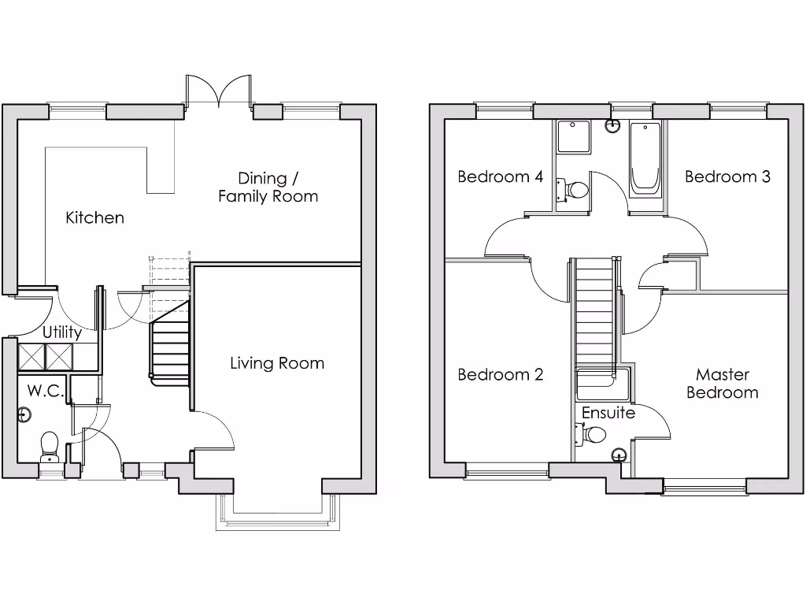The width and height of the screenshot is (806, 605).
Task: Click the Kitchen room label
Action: pos(94,217)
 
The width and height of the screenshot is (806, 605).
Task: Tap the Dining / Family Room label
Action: pos(268,187)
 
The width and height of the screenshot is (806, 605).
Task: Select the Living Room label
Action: pos(277,363)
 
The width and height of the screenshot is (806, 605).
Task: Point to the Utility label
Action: pos(61,332)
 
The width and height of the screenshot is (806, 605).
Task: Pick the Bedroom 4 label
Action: pos(501,176)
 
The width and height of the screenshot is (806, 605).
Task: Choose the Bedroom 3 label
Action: pos(727,176)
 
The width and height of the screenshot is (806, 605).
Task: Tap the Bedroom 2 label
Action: pos(501,374)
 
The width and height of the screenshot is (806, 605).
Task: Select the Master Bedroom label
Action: pos(723,384)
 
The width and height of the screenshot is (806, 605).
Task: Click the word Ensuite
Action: pos(608,413)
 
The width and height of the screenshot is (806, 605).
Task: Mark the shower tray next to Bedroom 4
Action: pos(575,137)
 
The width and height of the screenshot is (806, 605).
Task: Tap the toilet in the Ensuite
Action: pos(593,434)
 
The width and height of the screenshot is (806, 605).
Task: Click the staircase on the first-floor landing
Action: pos(594,315)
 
